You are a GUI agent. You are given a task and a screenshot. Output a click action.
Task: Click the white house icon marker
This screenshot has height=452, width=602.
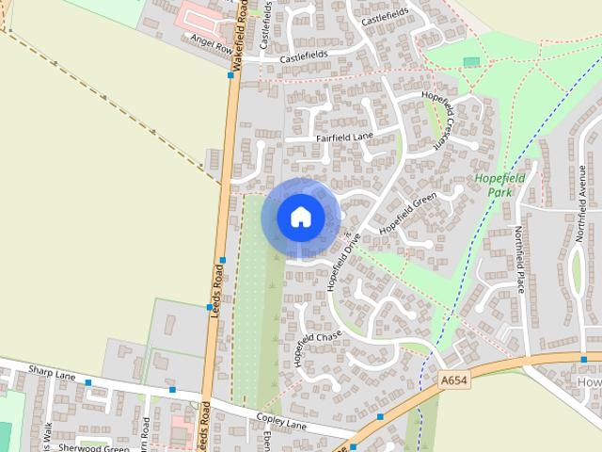click(300, 217)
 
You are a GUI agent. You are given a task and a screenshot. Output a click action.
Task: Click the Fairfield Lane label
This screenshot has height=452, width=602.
click(345, 137)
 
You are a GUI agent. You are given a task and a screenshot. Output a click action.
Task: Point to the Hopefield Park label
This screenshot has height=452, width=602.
click(499, 184)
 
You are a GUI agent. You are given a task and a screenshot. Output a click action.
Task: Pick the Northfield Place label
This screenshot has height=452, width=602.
click(518, 260)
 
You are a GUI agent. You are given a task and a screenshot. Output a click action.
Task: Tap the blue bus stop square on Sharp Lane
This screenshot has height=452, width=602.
click(88, 383)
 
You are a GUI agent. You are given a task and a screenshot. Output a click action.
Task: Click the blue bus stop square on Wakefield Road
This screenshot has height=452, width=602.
click(231, 75)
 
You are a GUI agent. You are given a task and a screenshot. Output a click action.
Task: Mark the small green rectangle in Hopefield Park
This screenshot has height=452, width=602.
click(471, 62)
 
